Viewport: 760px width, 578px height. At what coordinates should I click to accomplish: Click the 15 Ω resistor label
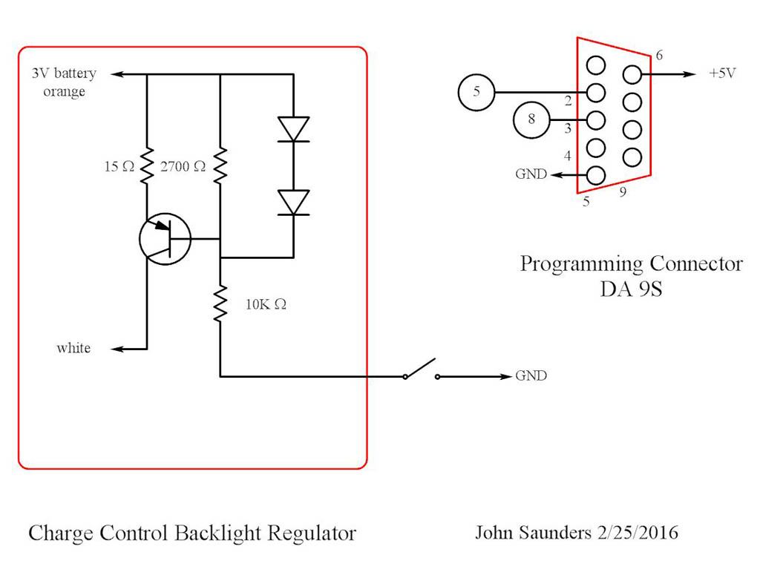[x=119, y=167]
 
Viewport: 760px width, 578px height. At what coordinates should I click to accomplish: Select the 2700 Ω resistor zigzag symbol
[x=220, y=166]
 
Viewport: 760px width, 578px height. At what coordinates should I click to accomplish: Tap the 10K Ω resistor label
[x=266, y=304]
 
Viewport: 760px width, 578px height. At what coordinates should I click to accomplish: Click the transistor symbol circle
[x=165, y=238]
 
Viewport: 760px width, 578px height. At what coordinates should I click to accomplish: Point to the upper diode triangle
[x=293, y=129]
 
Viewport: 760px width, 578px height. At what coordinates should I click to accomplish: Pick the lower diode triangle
[x=293, y=202]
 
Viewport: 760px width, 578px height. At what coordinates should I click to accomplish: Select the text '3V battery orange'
[x=64, y=82]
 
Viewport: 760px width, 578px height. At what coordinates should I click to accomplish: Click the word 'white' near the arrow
[x=73, y=348]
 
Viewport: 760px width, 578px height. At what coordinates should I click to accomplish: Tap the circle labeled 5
[x=476, y=93]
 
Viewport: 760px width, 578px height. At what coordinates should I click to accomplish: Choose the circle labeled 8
[x=531, y=119]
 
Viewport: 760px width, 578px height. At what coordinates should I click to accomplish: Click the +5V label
[x=723, y=74]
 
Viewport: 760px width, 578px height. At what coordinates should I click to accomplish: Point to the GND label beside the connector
[x=531, y=175]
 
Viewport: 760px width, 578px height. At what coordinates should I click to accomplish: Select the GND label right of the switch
[x=531, y=376]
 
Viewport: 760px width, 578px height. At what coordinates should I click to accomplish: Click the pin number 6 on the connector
[x=660, y=56]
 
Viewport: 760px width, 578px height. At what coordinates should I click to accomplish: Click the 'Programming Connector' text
[x=631, y=264]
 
